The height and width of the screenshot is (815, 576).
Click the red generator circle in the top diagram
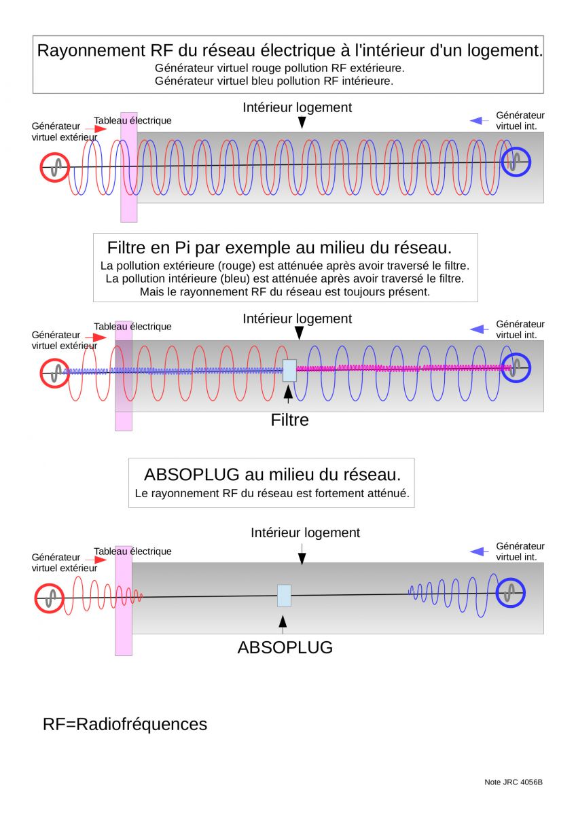pyautogui.click(x=41, y=167)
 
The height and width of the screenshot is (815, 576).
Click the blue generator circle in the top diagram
pyautogui.click(x=502, y=162)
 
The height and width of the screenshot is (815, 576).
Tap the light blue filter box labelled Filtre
pyautogui.click(x=289, y=370)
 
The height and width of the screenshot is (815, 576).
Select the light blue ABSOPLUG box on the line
pyautogui.click(x=284, y=596)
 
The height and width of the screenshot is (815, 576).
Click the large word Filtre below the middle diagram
pyautogui.click(x=289, y=420)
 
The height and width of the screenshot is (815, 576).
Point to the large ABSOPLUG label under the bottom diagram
pyautogui.click(x=285, y=648)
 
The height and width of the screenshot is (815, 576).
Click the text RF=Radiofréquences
pyautogui.click(x=125, y=724)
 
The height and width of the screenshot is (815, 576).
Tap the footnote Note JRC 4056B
pyautogui.click(x=514, y=782)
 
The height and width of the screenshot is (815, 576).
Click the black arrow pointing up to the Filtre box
pyautogui.click(x=288, y=395)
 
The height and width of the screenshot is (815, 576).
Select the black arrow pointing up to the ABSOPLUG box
pyautogui.click(x=283, y=624)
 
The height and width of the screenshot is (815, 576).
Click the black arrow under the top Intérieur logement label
pyautogui.click(x=302, y=122)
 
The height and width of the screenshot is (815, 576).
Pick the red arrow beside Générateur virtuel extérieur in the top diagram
pyautogui.click(x=96, y=129)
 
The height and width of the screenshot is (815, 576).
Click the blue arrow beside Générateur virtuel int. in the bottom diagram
pyautogui.click(x=479, y=552)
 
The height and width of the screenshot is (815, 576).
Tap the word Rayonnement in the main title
pyautogui.click(x=91, y=51)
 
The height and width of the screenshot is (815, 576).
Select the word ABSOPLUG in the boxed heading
pyautogui.click(x=192, y=475)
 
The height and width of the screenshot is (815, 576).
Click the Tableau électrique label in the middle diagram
pyautogui.click(x=132, y=327)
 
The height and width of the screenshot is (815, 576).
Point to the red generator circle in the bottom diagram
pyautogui.click(x=36, y=598)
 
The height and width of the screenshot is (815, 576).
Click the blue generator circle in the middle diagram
pyautogui.click(x=502, y=368)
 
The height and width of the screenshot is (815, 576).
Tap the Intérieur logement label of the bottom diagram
pyautogui.click(x=305, y=532)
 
